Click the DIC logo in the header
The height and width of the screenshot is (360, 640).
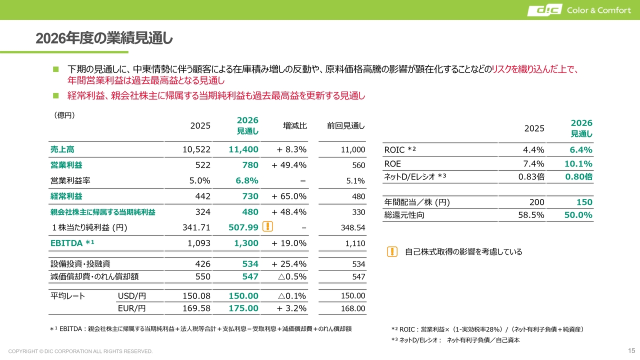tap(544, 10)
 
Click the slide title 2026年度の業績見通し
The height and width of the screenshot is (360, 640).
tap(104, 38)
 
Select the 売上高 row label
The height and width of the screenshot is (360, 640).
tap(62, 149)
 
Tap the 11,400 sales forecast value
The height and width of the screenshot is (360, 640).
tap(243, 149)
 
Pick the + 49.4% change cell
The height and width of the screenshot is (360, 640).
tap(289, 165)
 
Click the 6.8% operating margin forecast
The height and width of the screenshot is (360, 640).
tap(247, 180)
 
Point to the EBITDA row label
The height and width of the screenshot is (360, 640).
tap(72, 243)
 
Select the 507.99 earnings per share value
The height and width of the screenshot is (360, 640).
tap(243, 227)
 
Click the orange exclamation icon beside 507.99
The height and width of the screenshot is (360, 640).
tap(267, 226)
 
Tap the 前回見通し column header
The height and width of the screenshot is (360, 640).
tap(345, 125)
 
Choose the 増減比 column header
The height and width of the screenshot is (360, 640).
tap(295, 125)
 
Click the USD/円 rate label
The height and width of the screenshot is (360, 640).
tap(131, 296)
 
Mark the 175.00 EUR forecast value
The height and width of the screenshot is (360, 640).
tap(243, 308)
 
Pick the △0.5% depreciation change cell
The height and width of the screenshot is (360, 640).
tap(292, 276)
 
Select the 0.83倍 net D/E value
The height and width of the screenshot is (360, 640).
tap(531, 176)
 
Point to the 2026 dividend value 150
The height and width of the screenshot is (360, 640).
tap(584, 202)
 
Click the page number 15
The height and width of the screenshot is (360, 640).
tap(631, 350)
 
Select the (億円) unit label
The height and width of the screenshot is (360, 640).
tap(64, 115)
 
